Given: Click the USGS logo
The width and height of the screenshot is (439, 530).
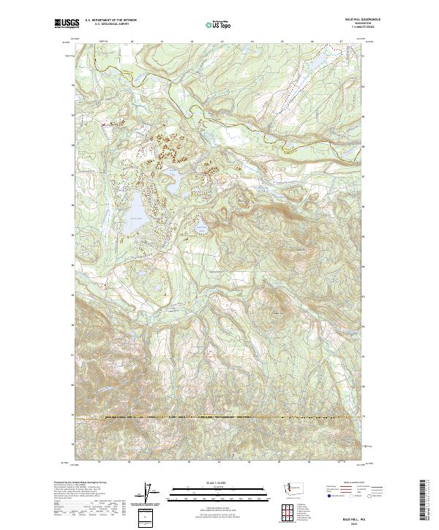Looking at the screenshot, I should [67, 23].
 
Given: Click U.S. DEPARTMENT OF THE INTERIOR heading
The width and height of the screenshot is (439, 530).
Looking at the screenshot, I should [110, 20].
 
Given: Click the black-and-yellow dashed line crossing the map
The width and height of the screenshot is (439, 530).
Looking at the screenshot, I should [219, 417].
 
